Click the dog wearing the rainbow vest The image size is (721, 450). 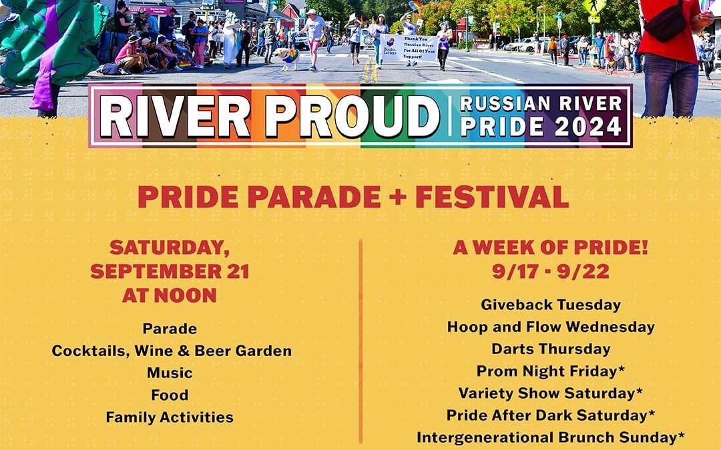click(287, 57)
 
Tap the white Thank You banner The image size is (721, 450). click(409, 48)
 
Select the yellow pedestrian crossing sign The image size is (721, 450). click(594, 7)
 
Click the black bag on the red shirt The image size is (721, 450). click(666, 23)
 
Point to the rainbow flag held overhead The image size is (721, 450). click(415, 6)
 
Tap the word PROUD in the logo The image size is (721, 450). click(352, 116)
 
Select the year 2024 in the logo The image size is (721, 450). click(588, 126)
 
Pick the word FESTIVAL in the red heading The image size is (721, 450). click(492, 197)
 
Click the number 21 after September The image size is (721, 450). click(238, 271)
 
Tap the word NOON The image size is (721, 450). click(186, 295)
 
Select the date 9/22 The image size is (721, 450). click(583, 271)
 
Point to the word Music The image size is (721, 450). click(170, 373)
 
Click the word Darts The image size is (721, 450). click(511, 349)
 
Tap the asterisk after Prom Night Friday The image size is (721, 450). click(622, 368)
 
